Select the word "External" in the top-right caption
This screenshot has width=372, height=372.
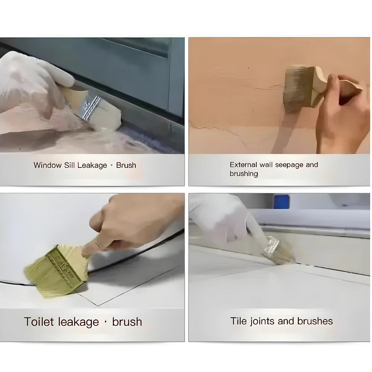point(243,164)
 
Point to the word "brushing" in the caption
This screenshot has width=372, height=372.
point(244,174)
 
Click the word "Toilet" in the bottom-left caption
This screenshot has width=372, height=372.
point(38,322)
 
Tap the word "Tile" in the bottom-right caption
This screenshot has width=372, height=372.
point(238,321)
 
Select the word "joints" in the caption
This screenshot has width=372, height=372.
point(264,321)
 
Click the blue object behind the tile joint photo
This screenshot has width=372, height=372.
point(281,201)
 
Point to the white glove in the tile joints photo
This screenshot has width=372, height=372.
point(219,219)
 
